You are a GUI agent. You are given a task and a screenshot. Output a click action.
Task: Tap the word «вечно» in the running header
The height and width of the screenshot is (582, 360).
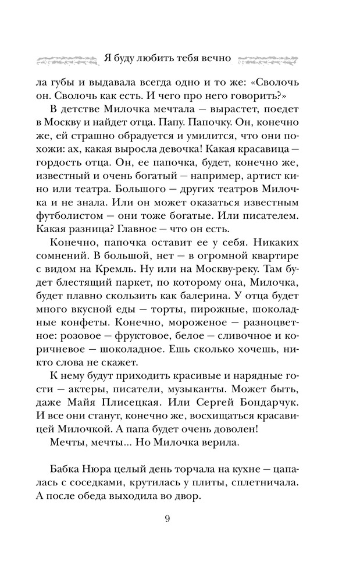tap(215, 59)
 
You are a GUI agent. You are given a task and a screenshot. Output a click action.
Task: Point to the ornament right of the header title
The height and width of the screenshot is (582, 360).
tap(272, 59)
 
